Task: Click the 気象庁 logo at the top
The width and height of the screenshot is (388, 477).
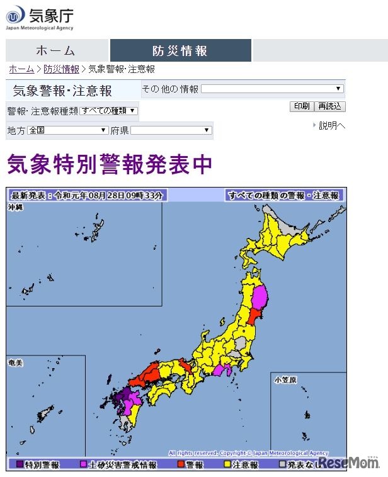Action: tap(39, 17)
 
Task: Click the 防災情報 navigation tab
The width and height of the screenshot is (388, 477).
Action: tap(180, 51)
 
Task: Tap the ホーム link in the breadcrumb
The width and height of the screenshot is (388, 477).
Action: tap(21, 69)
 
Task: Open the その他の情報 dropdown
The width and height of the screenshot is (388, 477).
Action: tap(272, 89)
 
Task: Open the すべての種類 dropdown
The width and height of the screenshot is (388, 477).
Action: tap(109, 111)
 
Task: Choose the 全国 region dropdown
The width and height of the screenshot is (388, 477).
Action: tap(68, 130)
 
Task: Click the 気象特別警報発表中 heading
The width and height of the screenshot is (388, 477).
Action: tap(109, 165)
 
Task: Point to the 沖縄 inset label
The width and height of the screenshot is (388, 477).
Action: tap(16, 207)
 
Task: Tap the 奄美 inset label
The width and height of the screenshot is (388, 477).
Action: tap(16, 363)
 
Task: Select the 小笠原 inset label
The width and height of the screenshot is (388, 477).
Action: tap(285, 380)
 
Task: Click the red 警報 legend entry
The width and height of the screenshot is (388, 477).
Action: tap(190, 464)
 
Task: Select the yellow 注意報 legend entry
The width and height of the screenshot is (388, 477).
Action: tap(241, 464)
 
